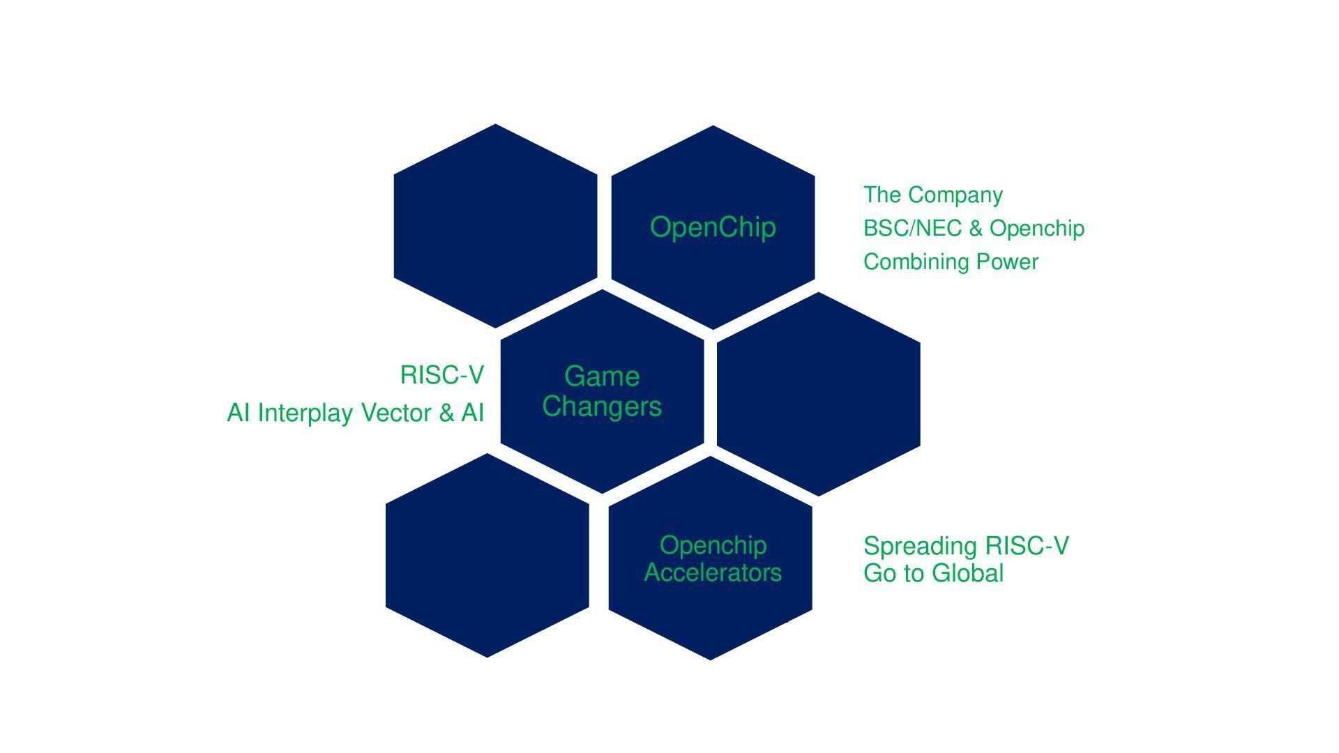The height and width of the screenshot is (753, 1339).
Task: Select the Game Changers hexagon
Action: coord(602,446)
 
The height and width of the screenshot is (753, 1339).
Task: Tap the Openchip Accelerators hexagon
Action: coord(710,614)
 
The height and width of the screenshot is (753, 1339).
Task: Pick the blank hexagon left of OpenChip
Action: coord(495,226)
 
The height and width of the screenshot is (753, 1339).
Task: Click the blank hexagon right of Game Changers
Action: coord(818,394)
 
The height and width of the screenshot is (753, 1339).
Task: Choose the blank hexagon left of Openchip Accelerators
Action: coord(487,555)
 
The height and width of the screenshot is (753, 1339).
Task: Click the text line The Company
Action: coord(932,195)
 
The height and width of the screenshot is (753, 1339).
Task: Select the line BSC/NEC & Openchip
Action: coord(974,228)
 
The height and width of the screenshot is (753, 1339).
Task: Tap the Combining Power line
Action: coord(951,262)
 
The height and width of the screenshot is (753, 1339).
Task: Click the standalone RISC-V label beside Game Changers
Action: coord(441,375)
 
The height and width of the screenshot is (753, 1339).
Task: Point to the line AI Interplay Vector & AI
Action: coord(355,413)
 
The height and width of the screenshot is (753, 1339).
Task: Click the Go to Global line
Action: coord(933,573)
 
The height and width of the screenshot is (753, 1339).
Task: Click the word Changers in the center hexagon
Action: coord(602,406)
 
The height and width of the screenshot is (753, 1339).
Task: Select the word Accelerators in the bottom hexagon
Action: coord(713,572)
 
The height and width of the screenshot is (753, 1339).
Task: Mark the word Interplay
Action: coord(305,413)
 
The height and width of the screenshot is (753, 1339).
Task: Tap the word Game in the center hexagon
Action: coord(602,376)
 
